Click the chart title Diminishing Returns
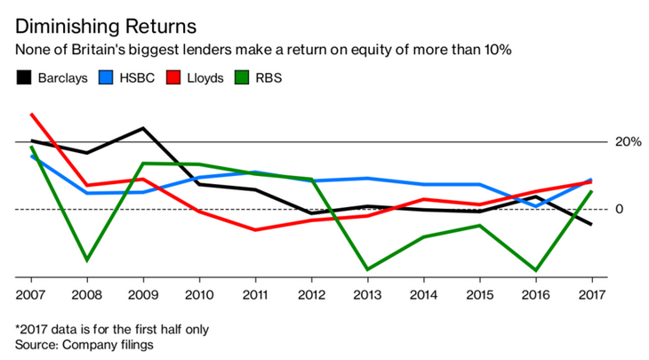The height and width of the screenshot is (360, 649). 106,27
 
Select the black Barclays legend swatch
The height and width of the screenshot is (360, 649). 24,78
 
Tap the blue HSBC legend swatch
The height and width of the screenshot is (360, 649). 106,78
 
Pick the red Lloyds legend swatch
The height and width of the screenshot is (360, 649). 173,78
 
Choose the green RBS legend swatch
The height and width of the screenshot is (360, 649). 242,78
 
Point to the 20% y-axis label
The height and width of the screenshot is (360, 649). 628,142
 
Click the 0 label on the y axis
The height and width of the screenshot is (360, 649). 619,209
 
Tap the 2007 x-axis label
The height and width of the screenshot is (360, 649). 30,294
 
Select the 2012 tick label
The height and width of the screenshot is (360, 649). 311,294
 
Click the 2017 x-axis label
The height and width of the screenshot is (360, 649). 592,294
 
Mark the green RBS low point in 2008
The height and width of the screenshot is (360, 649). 87,260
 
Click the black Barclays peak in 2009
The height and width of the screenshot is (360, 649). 143,128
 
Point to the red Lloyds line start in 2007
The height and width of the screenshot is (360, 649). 31,114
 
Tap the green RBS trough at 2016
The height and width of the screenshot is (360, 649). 536,270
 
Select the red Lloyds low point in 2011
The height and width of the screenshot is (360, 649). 255,229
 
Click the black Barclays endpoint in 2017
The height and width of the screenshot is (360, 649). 591,224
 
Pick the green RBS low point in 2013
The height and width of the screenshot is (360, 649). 367,269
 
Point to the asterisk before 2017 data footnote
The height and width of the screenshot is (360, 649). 18,328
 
